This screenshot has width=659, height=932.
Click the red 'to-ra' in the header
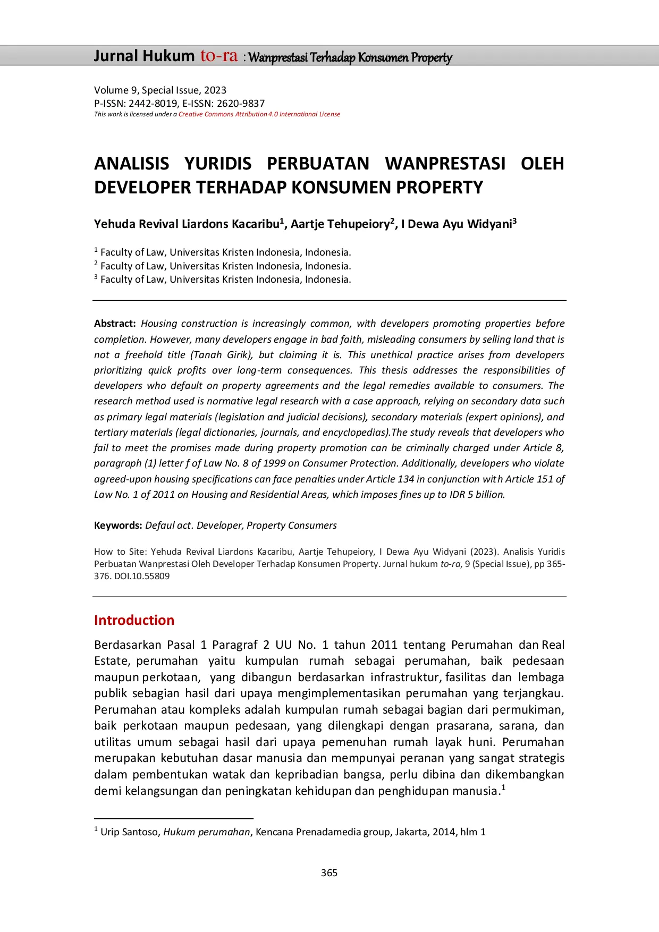[x=218, y=56]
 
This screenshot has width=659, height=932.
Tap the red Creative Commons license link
[x=259, y=114]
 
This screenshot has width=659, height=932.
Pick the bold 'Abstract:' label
[x=115, y=324]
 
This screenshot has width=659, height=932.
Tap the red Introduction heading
[x=134, y=620]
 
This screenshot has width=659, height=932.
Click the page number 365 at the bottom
[x=329, y=873]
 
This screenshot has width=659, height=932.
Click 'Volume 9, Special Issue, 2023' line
[x=160, y=90]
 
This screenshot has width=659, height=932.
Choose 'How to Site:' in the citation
[x=120, y=552]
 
